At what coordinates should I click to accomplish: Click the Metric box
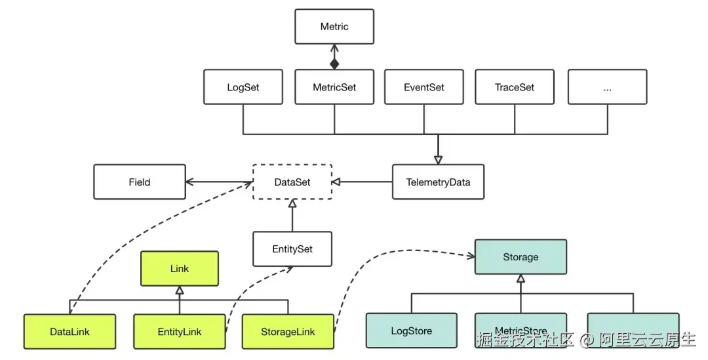click(x=334, y=27)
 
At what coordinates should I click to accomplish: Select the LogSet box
click(x=243, y=87)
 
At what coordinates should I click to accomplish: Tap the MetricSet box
click(x=334, y=87)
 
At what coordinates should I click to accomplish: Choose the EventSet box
click(x=424, y=87)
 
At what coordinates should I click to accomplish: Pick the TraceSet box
click(x=515, y=87)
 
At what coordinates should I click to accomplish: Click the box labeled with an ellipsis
click(x=607, y=87)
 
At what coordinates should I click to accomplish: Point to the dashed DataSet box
click(x=292, y=182)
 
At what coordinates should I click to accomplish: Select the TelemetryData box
click(x=438, y=182)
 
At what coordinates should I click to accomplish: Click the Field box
click(x=140, y=182)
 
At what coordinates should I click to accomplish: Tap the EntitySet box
click(x=292, y=249)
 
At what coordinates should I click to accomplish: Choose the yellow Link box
click(x=180, y=269)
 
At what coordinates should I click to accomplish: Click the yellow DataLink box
click(x=69, y=331)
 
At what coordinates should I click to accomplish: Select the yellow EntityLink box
click(x=180, y=331)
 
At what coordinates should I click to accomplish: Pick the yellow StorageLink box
click(x=287, y=331)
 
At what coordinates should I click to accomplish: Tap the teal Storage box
click(x=521, y=257)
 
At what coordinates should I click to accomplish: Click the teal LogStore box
click(x=412, y=330)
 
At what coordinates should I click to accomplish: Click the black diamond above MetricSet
click(x=334, y=63)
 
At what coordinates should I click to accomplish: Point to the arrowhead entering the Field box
click(x=190, y=182)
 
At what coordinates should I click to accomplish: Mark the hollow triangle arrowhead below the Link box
click(x=180, y=290)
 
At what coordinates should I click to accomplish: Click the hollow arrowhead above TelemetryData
click(x=438, y=159)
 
